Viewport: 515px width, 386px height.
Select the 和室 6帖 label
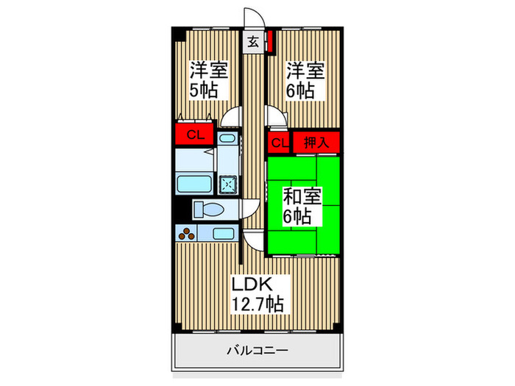click(x=300, y=207)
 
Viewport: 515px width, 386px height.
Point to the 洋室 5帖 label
click(x=209, y=80)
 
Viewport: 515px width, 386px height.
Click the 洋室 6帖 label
click(x=304, y=80)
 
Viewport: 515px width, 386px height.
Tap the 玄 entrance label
click(x=252, y=42)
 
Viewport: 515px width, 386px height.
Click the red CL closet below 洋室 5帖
click(x=194, y=135)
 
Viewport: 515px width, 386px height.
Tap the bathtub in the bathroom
click(x=194, y=184)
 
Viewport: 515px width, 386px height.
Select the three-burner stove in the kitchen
click(x=188, y=235)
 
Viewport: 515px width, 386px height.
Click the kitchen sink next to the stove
click(x=222, y=234)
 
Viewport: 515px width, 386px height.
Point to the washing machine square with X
click(x=229, y=184)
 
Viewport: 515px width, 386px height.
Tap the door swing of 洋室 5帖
click(x=234, y=118)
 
